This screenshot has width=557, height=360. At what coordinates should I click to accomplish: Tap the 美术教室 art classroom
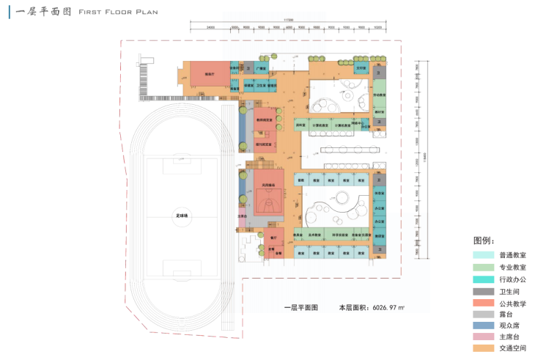tap(316, 235)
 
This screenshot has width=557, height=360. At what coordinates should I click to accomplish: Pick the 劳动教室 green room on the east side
tap(378, 96)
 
